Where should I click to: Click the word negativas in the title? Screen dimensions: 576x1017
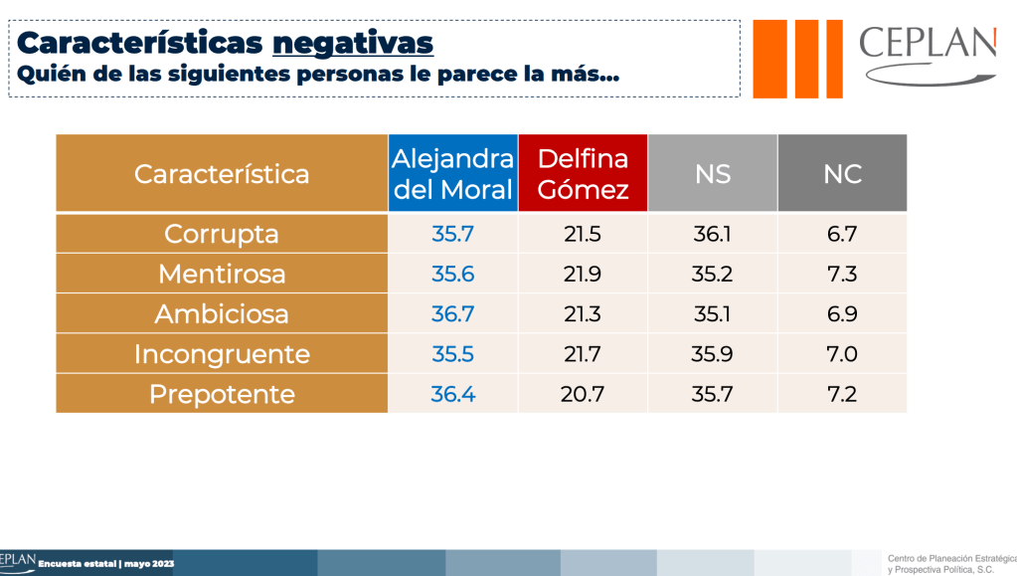pos(353,43)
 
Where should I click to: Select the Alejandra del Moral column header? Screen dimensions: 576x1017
pos(452,174)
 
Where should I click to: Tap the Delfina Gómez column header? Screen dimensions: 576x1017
pos(583,174)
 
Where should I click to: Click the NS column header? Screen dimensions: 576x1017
pos(712,174)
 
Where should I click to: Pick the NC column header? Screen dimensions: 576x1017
pos(842,174)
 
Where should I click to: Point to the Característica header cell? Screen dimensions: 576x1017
pos(222,174)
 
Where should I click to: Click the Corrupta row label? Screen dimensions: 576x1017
pos(222,234)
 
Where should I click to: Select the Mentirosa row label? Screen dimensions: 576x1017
pos(222,274)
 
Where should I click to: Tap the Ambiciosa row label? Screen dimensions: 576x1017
pos(222,314)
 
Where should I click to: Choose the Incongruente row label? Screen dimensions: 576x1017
pos(222,354)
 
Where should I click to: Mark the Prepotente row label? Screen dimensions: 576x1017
pos(222,394)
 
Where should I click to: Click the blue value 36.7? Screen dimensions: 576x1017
pos(452,314)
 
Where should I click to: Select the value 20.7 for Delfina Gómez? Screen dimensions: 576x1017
pos(583,394)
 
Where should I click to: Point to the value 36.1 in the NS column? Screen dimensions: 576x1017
pos(712,234)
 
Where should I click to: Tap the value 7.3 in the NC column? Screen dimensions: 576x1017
pos(842,274)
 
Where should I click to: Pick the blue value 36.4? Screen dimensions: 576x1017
pos(452,394)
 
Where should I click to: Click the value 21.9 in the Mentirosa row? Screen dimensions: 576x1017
pos(583,274)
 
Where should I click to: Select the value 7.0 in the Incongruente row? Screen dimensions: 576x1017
pos(842,354)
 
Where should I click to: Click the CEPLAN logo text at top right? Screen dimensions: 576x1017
pos(927,45)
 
